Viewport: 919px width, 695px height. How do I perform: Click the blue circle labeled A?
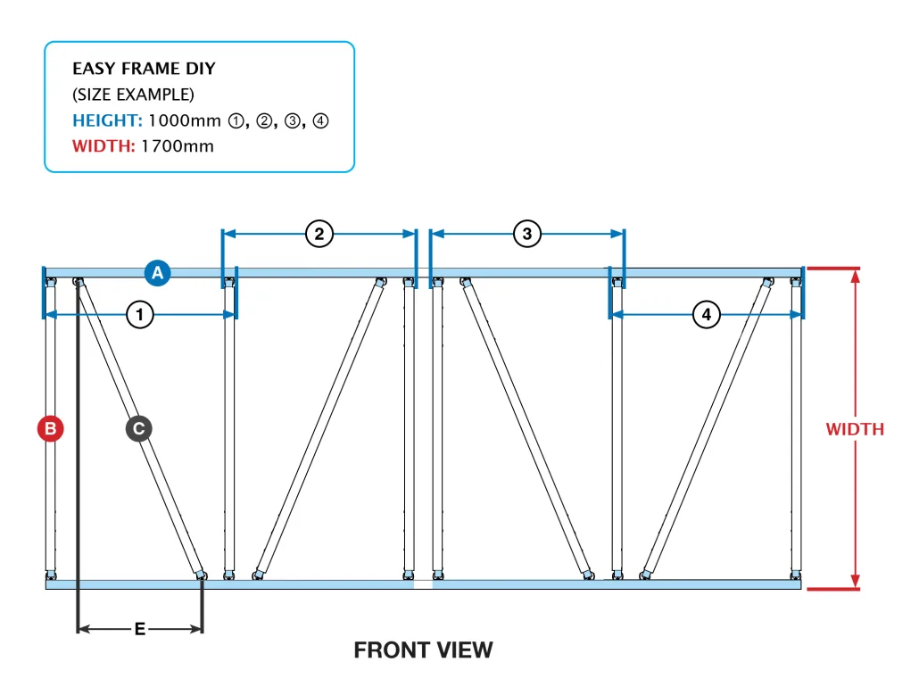(x=158, y=272)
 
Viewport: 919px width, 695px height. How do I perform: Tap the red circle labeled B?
(x=50, y=428)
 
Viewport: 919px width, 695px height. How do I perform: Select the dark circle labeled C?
(x=138, y=428)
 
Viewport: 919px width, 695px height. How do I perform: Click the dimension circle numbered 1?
(x=139, y=314)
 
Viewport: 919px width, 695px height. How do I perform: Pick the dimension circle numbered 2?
(x=319, y=234)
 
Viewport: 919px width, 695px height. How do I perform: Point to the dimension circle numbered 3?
(x=527, y=234)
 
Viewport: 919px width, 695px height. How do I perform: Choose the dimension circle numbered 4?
(x=707, y=314)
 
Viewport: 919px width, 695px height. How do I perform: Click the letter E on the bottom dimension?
(x=140, y=629)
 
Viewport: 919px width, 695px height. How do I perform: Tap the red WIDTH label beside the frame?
(x=855, y=429)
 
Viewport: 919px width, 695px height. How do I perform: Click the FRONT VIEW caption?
(x=423, y=650)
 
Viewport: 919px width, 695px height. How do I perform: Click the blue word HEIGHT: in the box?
(x=107, y=120)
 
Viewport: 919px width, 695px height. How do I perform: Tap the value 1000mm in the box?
(x=185, y=120)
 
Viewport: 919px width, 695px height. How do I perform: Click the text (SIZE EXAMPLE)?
(x=133, y=95)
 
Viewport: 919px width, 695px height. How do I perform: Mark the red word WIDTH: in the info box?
(x=103, y=145)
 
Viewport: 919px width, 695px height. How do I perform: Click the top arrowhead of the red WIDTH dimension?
(x=855, y=276)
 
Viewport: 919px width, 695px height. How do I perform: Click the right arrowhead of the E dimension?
(x=197, y=629)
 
